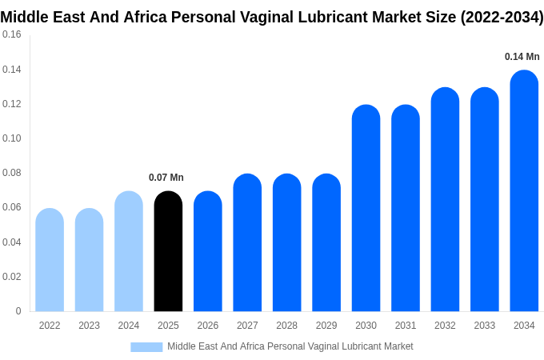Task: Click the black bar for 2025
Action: pos(168,251)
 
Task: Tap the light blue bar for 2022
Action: pos(50,260)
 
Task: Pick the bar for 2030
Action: pos(366,208)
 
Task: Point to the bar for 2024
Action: pos(129,251)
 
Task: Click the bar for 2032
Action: pos(445,199)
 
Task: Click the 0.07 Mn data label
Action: pos(166,178)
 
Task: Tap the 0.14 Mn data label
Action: pos(522,57)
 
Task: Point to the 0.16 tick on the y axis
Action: pos(12,34)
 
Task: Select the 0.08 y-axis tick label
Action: pos(12,173)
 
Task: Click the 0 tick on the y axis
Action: pos(18,311)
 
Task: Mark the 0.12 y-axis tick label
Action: pos(12,104)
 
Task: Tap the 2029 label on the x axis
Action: pos(326,326)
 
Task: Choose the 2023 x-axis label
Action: pos(89,326)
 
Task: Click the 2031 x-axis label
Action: pos(406,326)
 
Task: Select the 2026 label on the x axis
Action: pos(208,326)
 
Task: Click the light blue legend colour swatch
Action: pos(146,347)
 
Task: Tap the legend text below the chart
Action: pos(290,346)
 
